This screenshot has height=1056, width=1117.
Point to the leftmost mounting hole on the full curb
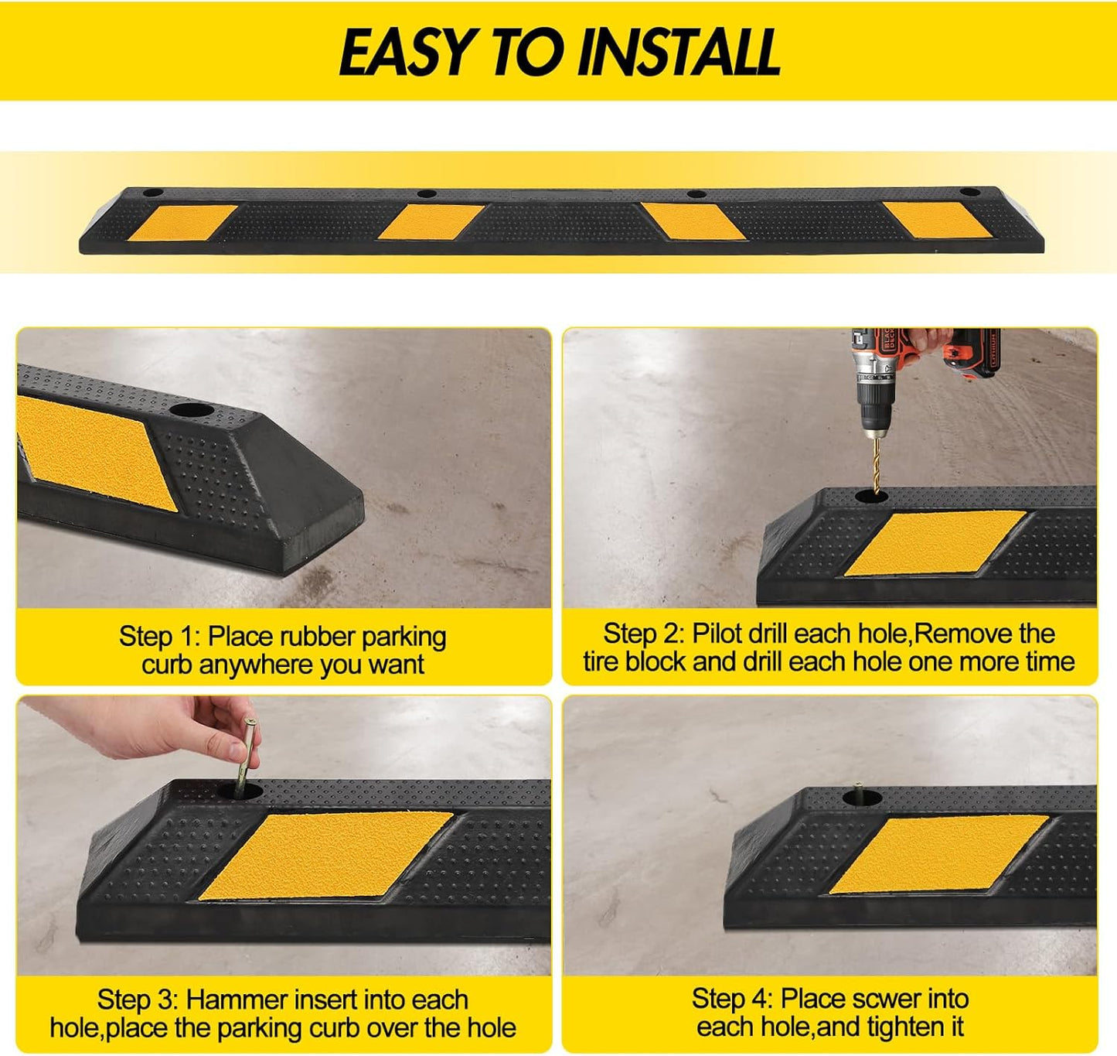153,192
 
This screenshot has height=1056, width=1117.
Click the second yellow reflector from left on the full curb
431,222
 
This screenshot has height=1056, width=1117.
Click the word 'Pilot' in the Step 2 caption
717,634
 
